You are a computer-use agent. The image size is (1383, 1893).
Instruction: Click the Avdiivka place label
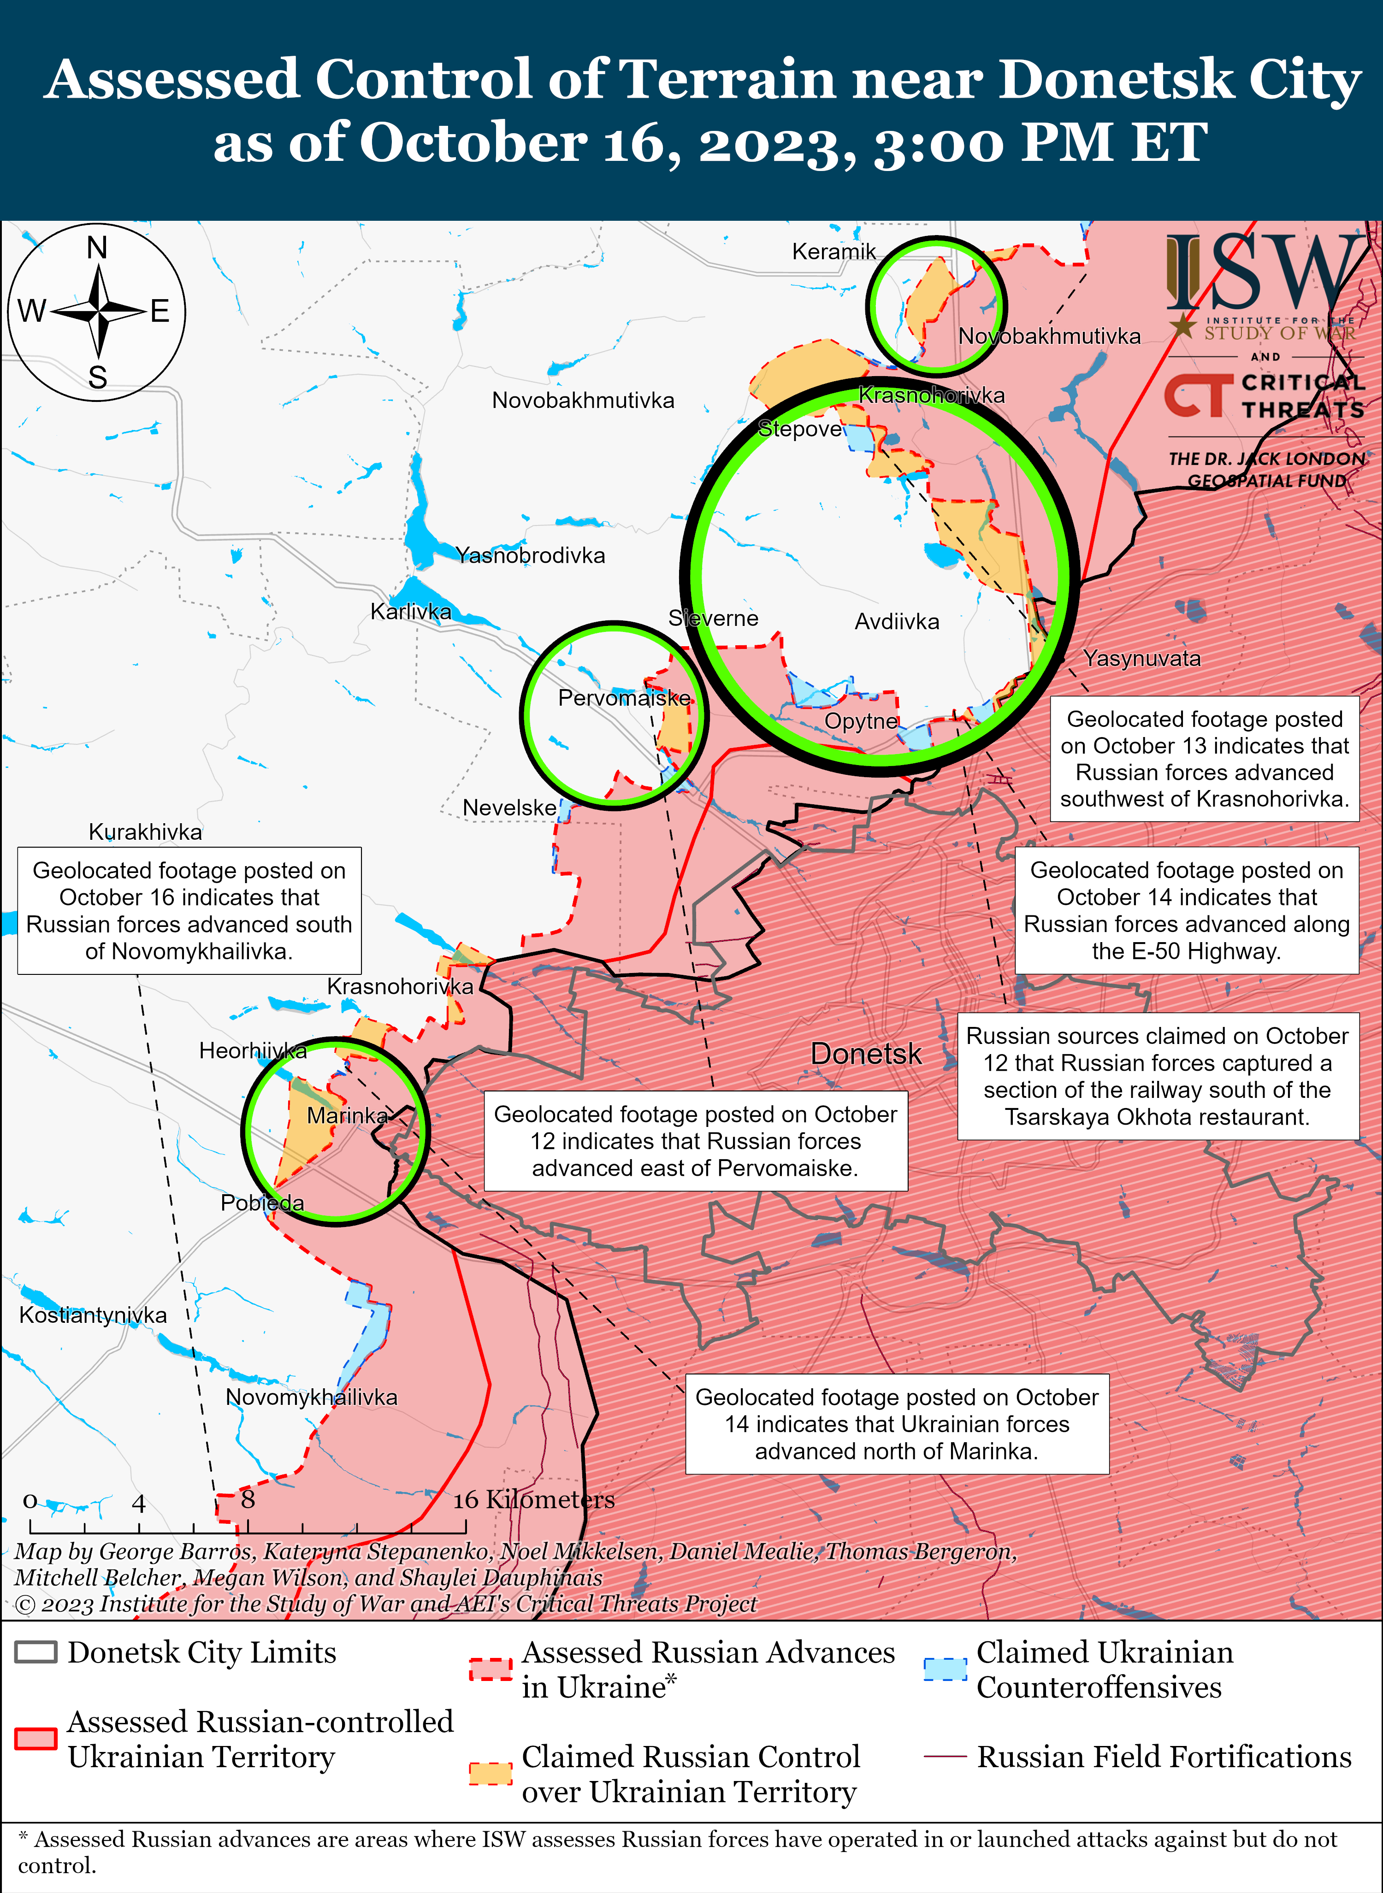coord(897,622)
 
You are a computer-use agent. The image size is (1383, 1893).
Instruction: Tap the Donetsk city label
coord(866,1054)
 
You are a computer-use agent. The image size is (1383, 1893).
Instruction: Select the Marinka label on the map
coord(348,1115)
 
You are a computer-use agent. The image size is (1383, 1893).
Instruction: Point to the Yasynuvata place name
coord(1142,659)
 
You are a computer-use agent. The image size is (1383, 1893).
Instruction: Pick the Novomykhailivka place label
coord(312,1397)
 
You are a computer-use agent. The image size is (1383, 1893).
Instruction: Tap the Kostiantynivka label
coord(93,1315)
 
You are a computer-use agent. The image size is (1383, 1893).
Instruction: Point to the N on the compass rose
coord(97,248)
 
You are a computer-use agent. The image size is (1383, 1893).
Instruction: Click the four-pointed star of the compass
coord(99,311)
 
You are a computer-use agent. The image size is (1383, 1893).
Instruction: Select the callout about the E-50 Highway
coord(1186,910)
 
